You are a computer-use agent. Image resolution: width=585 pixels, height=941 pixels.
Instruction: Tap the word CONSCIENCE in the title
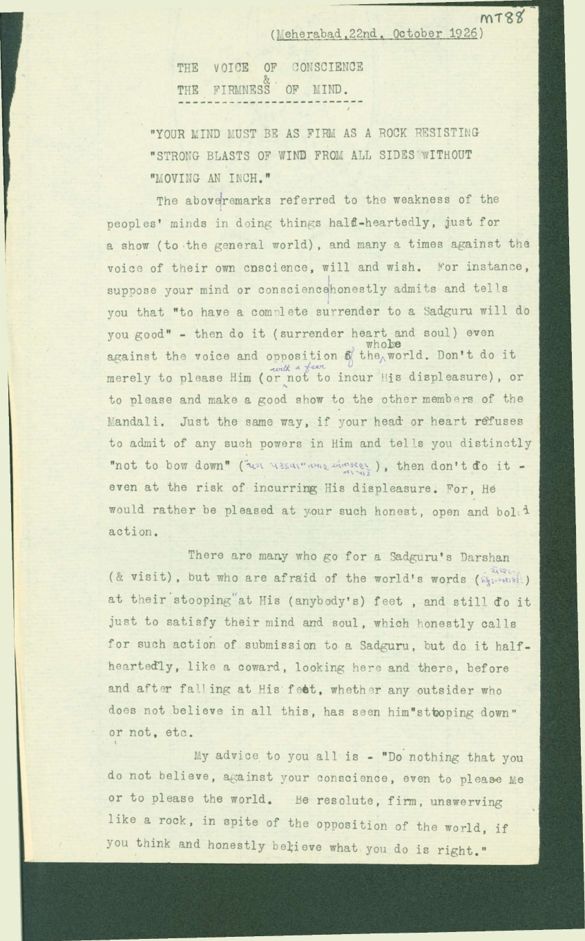click(327, 67)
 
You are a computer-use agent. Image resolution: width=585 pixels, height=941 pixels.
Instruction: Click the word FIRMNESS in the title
click(240, 90)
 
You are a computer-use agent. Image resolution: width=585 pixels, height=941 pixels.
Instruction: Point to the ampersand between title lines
click(267, 79)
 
